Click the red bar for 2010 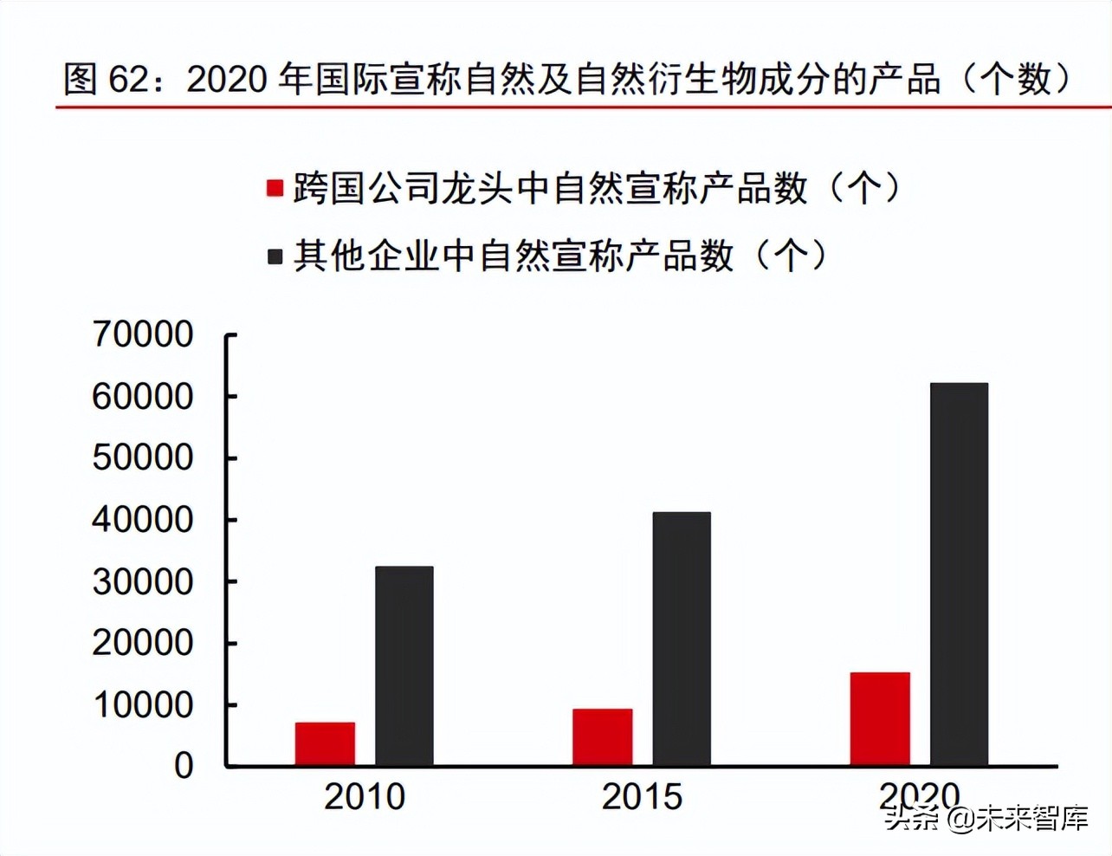pyautogui.click(x=325, y=744)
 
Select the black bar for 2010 pyautogui.click(x=404, y=666)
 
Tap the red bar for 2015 pyautogui.click(x=602, y=737)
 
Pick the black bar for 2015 pyautogui.click(x=682, y=639)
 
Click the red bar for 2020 pyautogui.click(x=880, y=719)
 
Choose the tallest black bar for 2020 pyautogui.click(x=959, y=574)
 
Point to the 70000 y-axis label pyautogui.click(x=143, y=334)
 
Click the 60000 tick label pyautogui.click(x=143, y=397)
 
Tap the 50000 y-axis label pyautogui.click(x=143, y=458)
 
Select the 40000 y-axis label pyautogui.click(x=143, y=520)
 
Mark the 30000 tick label pyautogui.click(x=143, y=581)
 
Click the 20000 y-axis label pyautogui.click(x=143, y=643)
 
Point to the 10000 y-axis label pyautogui.click(x=143, y=705)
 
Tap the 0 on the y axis pyautogui.click(x=184, y=766)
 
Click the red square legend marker pyautogui.click(x=275, y=188)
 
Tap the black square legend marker pyautogui.click(x=275, y=256)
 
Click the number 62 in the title pyautogui.click(x=129, y=80)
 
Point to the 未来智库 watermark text pyautogui.click(x=1032, y=818)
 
